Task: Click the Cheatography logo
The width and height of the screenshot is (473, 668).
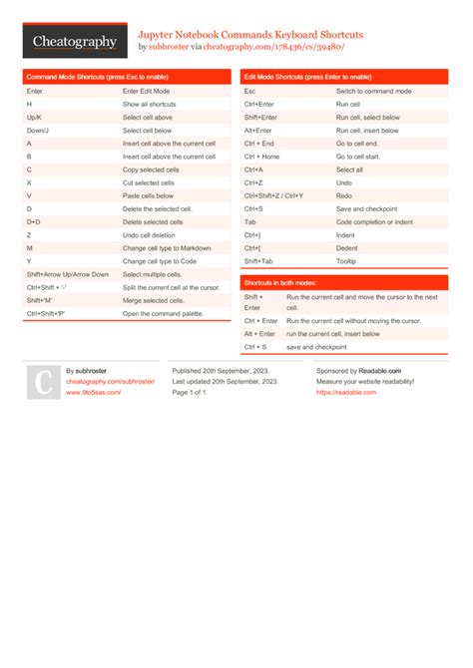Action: click(74, 41)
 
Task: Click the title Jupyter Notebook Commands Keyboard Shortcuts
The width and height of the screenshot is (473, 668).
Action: click(249, 34)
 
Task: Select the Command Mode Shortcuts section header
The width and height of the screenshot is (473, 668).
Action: click(97, 76)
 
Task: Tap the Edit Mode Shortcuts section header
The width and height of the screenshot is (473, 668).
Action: click(307, 76)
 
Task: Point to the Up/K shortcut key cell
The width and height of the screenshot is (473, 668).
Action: click(35, 117)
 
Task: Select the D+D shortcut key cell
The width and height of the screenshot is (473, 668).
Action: click(34, 221)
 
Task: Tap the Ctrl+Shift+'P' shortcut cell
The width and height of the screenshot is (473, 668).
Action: click(47, 313)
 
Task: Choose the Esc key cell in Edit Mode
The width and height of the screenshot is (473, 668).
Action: click(249, 91)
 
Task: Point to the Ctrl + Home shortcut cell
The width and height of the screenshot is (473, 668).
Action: click(261, 157)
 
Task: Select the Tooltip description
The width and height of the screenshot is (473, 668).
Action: click(346, 261)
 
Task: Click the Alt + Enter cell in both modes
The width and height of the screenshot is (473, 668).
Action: click(260, 334)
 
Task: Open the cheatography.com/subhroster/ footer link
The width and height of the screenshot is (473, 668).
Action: click(110, 381)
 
